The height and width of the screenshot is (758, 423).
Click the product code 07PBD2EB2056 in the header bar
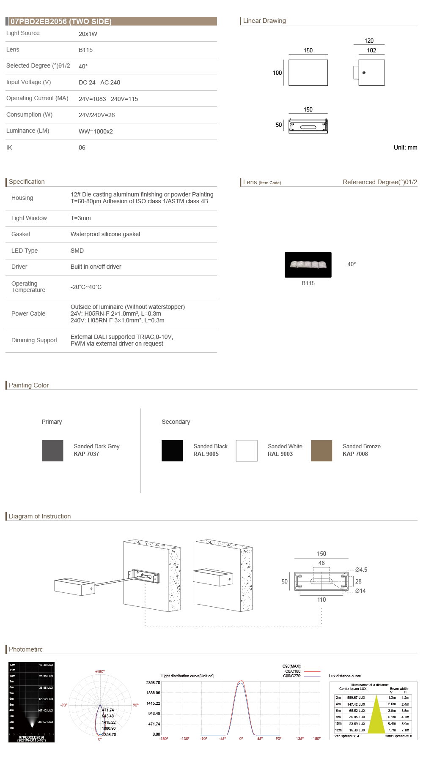pos(38,22)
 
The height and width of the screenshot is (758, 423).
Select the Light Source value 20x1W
pos(88,34)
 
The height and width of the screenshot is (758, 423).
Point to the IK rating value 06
pos(82,147)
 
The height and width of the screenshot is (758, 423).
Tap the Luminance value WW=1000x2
pos(96,131)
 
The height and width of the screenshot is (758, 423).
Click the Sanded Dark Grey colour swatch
pos(52,450)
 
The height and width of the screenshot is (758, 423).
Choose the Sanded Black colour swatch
pos(172,450)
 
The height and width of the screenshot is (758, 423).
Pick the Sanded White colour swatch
pos(247,450)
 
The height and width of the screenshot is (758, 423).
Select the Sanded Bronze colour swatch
pos(321,450)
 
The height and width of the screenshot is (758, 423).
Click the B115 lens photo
pos(308,264)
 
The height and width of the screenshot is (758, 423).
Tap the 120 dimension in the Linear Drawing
pos(369,41)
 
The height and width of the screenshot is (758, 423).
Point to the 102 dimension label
pos(371,50)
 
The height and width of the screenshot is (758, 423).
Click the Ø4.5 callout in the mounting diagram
pos(361,570)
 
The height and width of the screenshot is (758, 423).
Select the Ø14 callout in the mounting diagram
pos(360,591)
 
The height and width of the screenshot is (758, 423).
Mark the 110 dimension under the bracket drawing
pos(321,600)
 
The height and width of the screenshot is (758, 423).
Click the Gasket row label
pos(21,234)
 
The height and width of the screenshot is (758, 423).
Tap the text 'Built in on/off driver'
pos(96,267)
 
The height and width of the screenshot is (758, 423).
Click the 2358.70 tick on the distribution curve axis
pos(153,682)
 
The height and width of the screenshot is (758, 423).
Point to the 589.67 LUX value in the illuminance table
pos(356,698)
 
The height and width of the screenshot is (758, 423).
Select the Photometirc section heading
pos(26,649)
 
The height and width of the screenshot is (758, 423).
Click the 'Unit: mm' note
pos(405,147)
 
